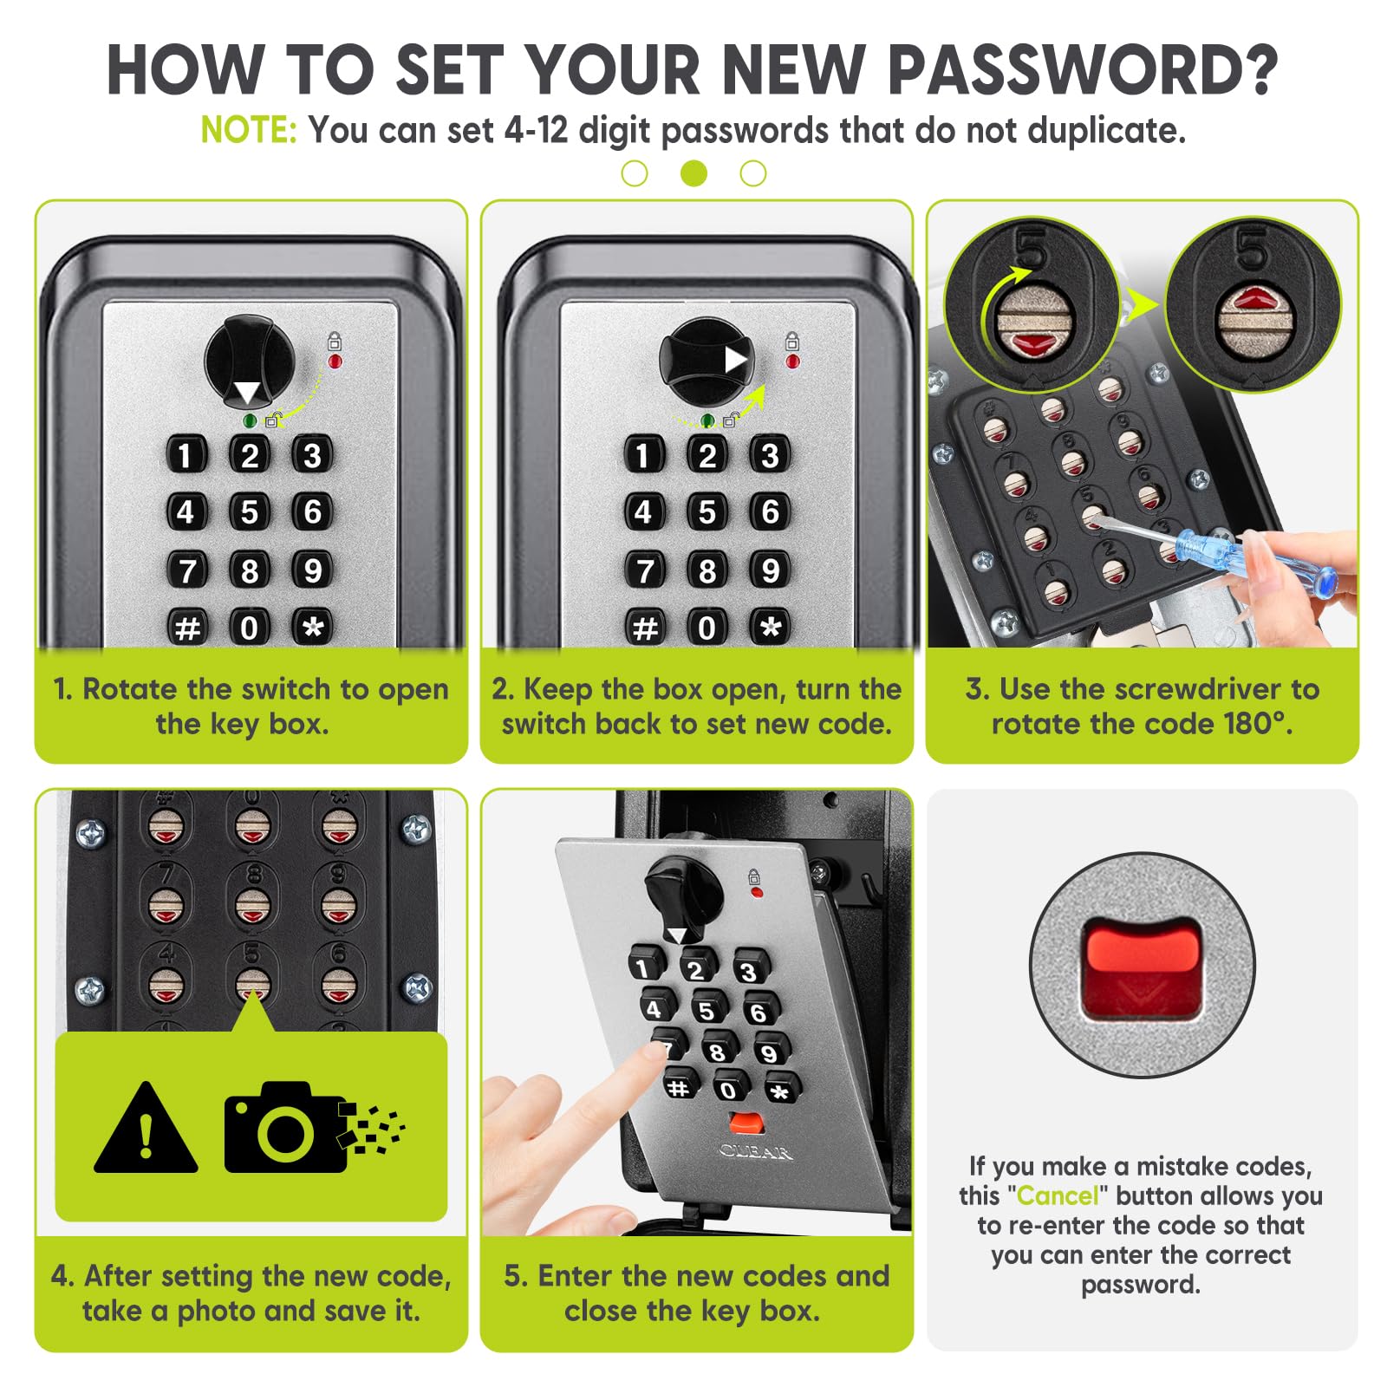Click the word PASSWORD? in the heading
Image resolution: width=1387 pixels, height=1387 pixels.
(1083, 69)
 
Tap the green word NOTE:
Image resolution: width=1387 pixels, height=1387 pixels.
(249, 130)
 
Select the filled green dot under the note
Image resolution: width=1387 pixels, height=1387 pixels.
(693, 173)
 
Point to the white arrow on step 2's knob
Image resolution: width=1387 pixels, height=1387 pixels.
(736, 360)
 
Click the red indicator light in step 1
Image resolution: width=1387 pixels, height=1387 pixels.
(335, 361)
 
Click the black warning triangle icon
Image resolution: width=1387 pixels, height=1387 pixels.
(146, 1128)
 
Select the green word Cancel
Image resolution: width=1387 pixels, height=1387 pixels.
(1057, 1195)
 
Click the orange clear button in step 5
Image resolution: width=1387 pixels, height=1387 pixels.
(746, 1123)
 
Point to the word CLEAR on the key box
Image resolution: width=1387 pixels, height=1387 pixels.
(756, 1152)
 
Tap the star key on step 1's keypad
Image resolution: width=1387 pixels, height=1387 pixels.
(313, 627)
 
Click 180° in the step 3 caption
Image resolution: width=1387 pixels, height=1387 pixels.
(1257, 724)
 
